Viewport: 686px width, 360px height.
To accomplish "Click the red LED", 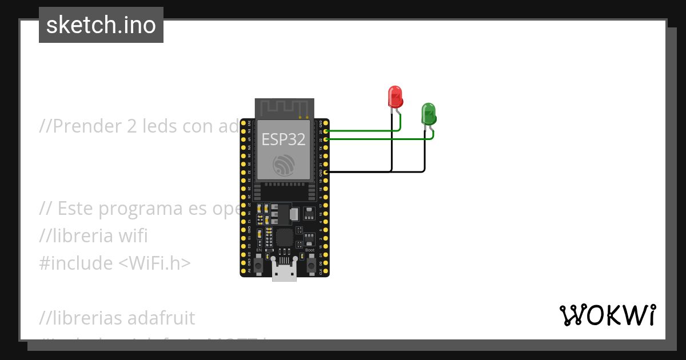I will click(x=395, y=97).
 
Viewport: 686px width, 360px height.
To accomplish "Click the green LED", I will click(x=428, y=114).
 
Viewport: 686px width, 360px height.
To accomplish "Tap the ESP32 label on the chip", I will click(x=284, y=139).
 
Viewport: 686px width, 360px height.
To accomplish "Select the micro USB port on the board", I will click(x=284, y=273).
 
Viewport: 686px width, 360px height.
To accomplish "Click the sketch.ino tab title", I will click(x=101, y=25).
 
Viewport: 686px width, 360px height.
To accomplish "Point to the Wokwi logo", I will click(x=607, y=315).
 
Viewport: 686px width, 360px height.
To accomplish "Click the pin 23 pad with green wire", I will click(x=325, y=131).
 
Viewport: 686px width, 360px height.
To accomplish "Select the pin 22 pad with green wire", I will click(x=325, y=139).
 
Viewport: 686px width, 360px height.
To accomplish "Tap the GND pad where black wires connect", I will click(x=325, y=171).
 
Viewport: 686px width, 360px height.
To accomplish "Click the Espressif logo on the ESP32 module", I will click(x=284, y=166).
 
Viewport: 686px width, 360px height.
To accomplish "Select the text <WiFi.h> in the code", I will click(x=155, y=263).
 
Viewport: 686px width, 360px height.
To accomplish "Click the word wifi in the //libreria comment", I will click(x=131, y=236).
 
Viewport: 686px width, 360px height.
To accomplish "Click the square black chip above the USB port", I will click(x=284, y=237).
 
